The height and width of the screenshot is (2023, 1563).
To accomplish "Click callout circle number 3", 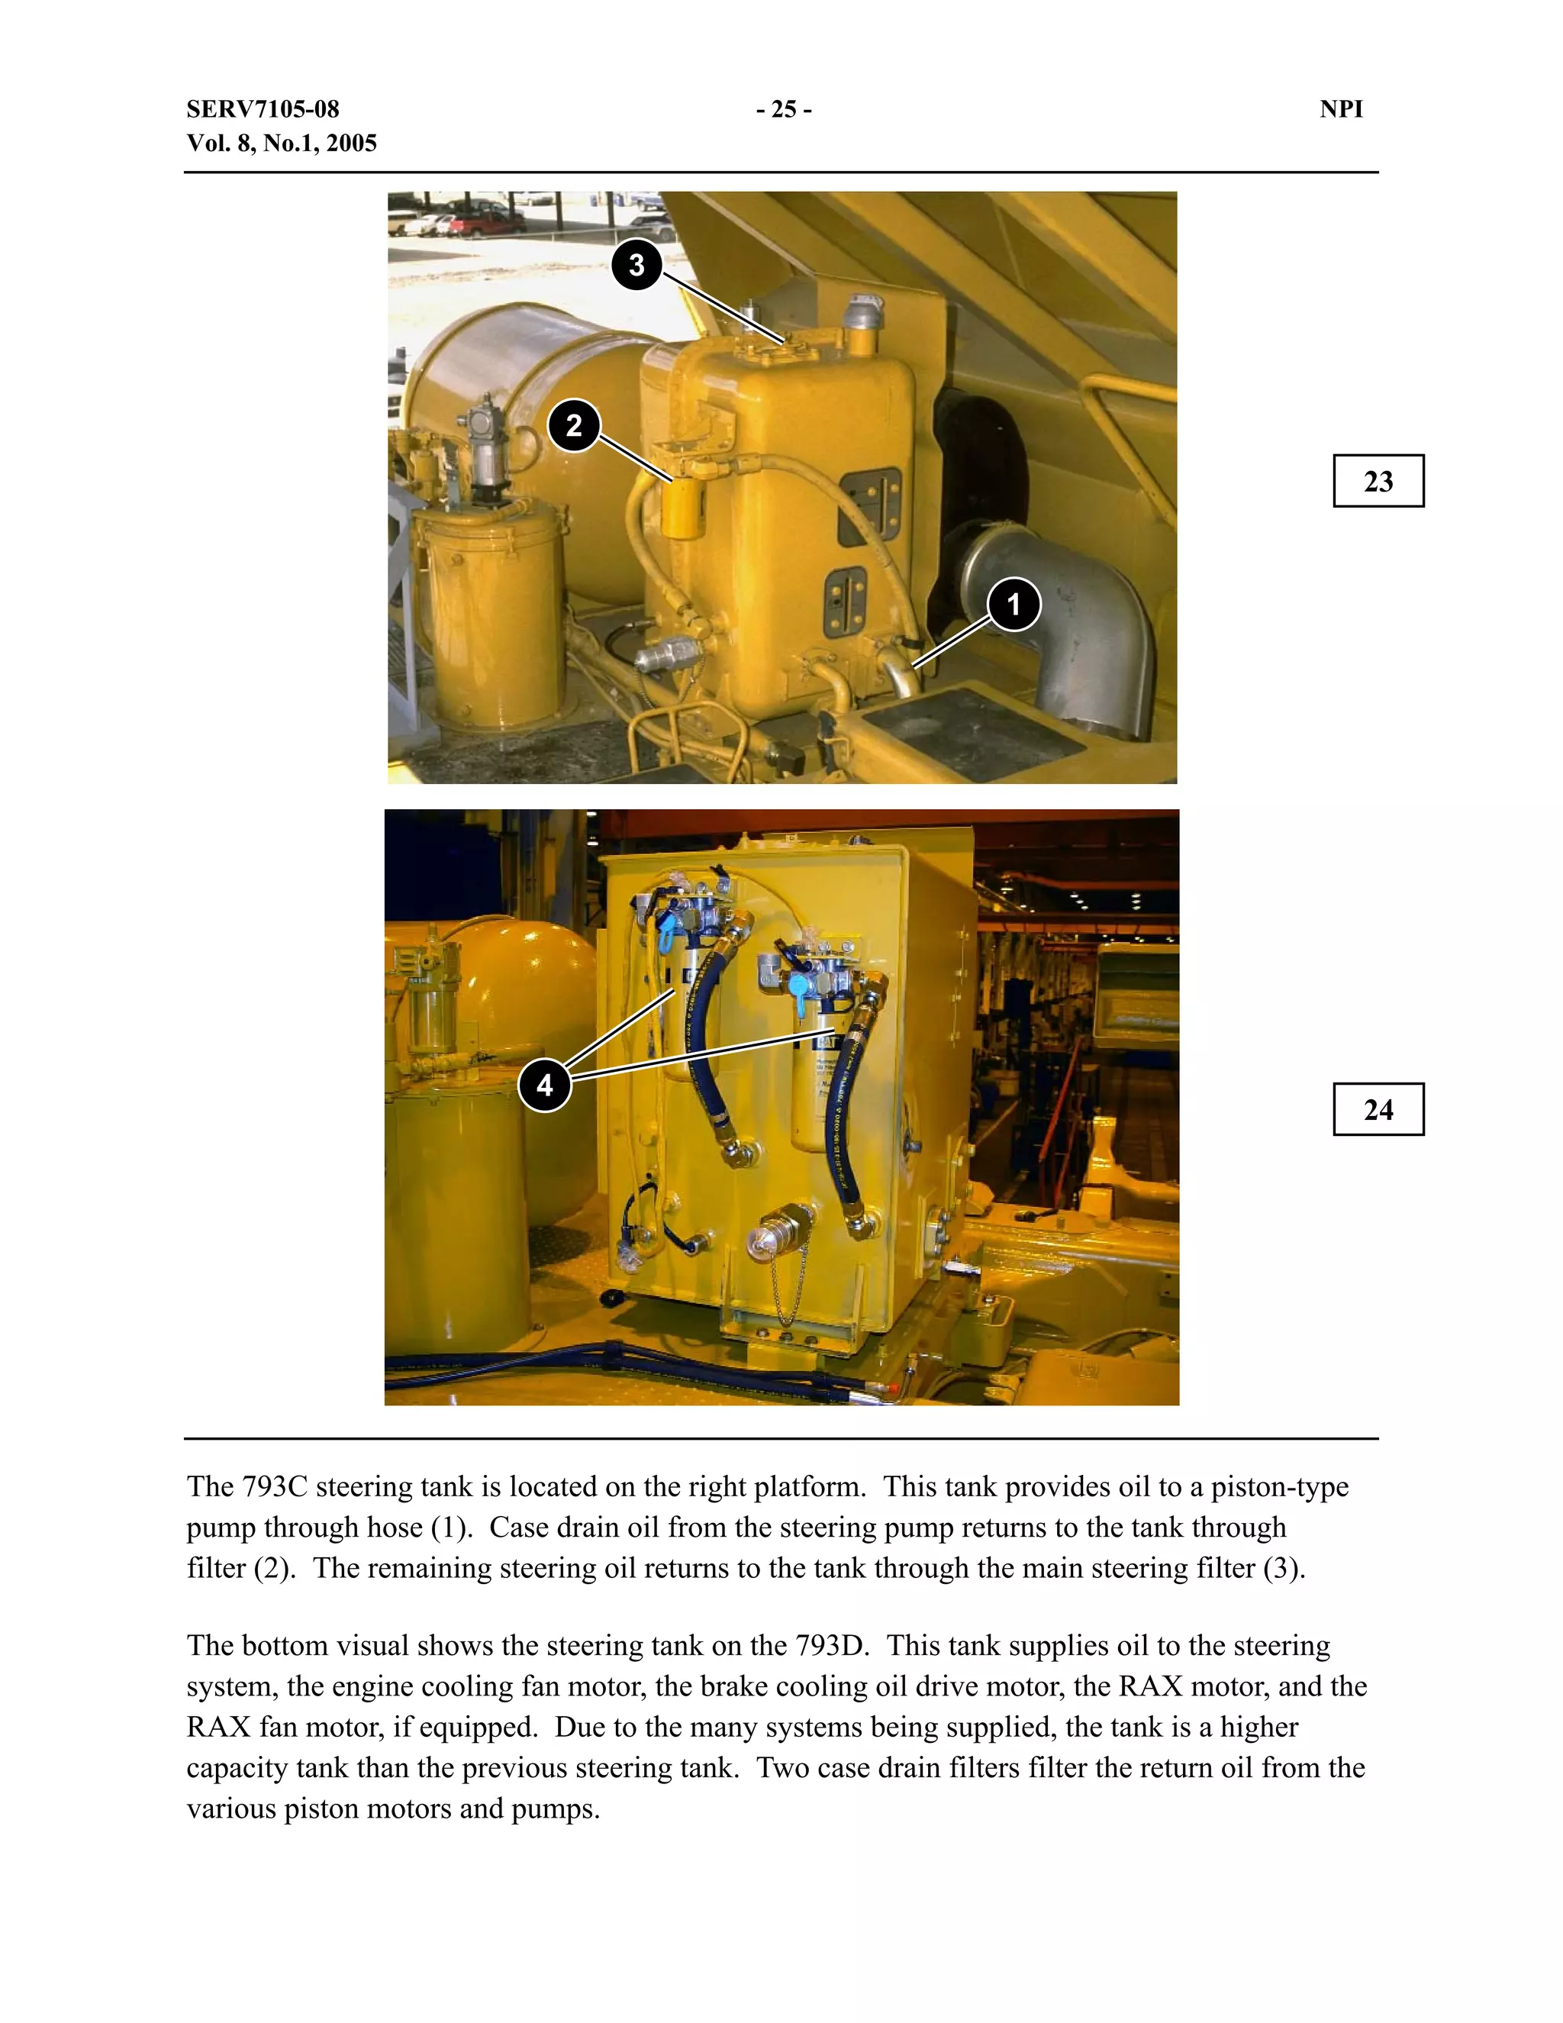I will pos(636,265).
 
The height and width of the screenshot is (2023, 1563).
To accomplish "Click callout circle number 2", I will pos(574,425).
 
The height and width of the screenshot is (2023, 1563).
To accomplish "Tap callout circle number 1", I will pos(1014,604).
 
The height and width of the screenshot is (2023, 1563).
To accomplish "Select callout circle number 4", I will pos(544,1085).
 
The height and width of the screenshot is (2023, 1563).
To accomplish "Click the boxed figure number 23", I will pos(1378,481).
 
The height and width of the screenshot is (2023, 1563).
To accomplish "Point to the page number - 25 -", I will pos(783,109).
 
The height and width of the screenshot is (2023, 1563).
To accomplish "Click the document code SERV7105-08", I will pos(263,109).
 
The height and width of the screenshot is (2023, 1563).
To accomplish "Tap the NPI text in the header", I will pos(1341,109).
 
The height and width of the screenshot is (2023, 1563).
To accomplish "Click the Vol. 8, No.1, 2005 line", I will pos(282,144).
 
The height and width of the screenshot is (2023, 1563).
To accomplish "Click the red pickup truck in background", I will pos(485,222).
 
